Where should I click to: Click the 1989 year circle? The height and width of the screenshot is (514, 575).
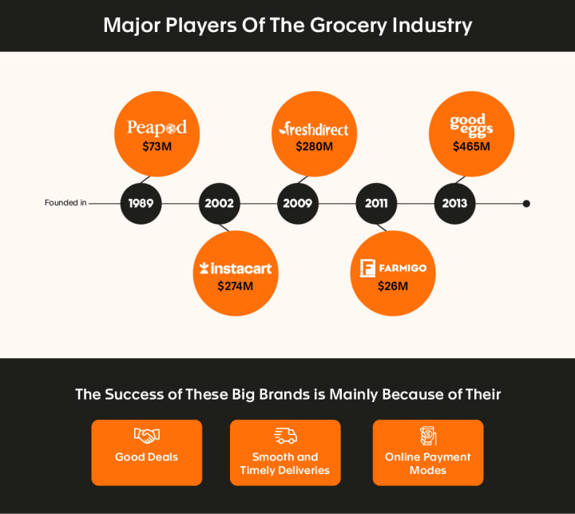[141, 203]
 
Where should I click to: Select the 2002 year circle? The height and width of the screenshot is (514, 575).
[219, 203]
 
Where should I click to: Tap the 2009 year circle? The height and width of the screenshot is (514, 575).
[297, 203]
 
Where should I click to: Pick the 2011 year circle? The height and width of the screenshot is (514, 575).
[376, 203]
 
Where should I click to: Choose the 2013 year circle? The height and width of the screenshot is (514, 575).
[454, 203]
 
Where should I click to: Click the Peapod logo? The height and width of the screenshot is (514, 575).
[157, 127]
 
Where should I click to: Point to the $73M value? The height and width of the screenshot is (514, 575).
[157, 146]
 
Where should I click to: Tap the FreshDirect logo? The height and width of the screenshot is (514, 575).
[314, 129]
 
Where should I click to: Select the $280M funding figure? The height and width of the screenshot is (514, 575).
[314, 147]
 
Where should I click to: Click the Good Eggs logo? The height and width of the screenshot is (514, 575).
[471, 126]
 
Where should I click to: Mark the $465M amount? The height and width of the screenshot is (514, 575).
[471, 147]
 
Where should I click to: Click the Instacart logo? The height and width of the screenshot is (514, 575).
[236, 269]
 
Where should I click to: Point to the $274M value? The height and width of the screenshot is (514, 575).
[236, 285]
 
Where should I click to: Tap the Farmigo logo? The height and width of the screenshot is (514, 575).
[393, 268]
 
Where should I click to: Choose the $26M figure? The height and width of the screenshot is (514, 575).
[393, 285]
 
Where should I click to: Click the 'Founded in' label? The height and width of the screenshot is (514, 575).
[65, 203]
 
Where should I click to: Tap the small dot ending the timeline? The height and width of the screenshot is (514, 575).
[526, 203]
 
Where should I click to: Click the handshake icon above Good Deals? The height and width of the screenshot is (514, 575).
[146, 436]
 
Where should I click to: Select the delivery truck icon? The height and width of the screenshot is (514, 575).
[285, 436]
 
